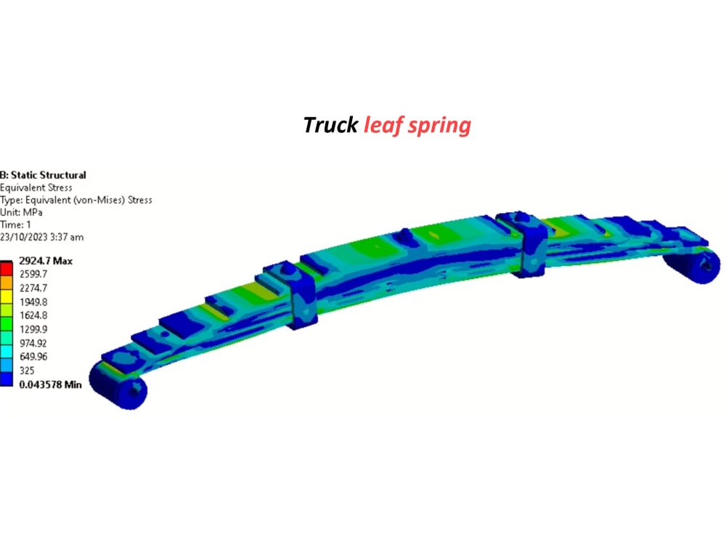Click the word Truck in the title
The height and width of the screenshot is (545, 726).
[330, 125]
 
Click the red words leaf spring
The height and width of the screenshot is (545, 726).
[417, 125]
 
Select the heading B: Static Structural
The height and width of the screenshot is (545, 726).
[43, 175]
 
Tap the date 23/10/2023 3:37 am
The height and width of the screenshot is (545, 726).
[41, 237]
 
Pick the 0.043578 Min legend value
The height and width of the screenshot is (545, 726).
[50, 384]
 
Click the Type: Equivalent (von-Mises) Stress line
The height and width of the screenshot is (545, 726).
[76, 200]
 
